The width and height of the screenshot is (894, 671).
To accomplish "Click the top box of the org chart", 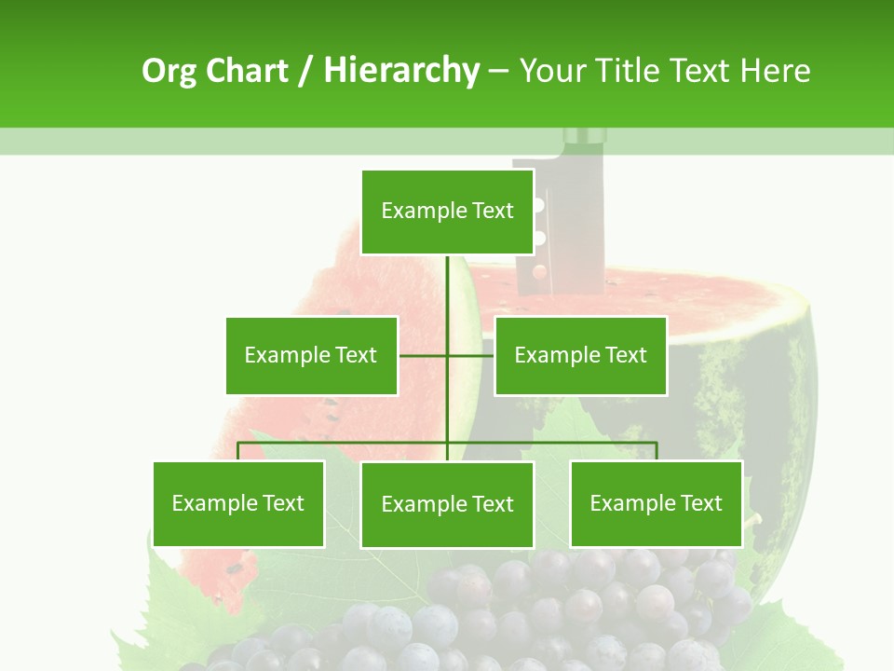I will point(447,212).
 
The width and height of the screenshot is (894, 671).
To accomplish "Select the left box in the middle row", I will point(311,355).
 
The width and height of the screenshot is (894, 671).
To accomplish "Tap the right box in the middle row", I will point(580,355).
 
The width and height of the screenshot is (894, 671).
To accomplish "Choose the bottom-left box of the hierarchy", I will point(238,504).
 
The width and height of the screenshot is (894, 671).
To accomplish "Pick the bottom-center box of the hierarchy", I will point(447,505).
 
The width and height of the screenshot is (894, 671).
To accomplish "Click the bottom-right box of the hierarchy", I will point(656,504).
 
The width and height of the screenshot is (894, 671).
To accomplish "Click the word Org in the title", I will point(169,71).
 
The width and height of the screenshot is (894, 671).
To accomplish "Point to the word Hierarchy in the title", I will point(400,71).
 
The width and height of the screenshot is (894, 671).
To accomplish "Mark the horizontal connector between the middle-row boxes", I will point(446,355).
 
